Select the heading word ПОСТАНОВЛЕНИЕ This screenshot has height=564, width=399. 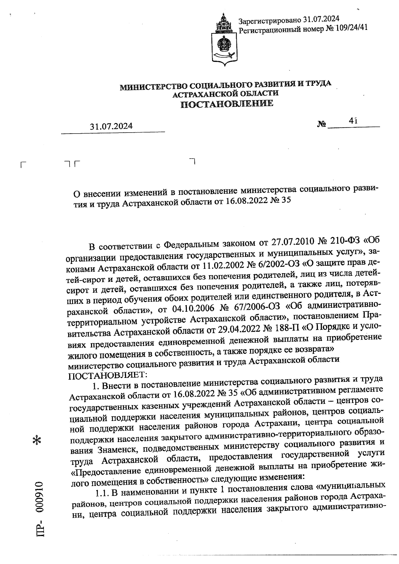(227, 104)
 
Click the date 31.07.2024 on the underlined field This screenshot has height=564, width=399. (111, 126)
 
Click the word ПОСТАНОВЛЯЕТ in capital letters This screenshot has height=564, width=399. (107, 376)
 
